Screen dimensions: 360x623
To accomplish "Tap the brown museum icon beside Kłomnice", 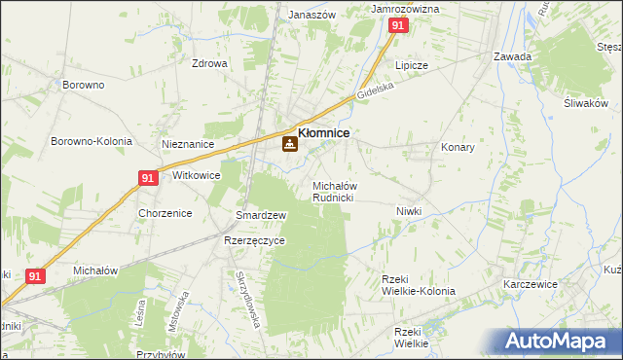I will [289, 145].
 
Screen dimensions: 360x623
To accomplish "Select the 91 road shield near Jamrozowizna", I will [397, 27].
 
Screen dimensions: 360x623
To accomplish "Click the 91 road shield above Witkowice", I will [147, 178].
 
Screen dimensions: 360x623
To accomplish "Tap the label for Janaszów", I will [312, 16].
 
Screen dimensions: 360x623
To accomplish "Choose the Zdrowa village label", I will [209, 64].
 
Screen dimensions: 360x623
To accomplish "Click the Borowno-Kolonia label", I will [92, 141].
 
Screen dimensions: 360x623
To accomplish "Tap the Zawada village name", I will [512, 56].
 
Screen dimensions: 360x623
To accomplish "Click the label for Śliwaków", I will [585, 104].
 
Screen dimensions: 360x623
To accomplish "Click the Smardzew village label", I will [261, 215].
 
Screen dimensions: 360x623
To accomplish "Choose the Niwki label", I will [409, 211].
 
